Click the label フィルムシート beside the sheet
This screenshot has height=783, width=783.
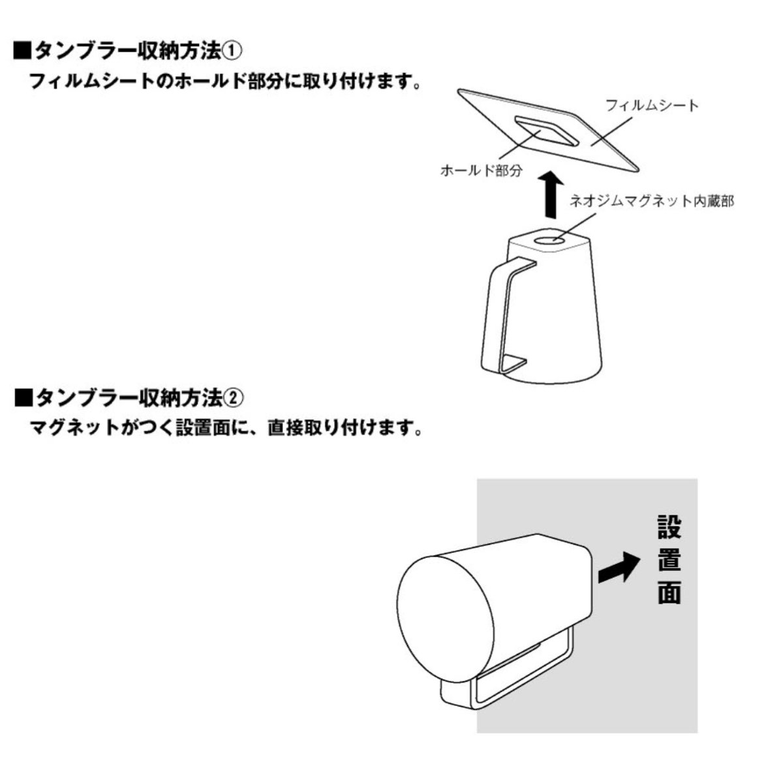652,106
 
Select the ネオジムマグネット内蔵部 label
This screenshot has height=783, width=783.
652,201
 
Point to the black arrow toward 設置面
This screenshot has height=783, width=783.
618,568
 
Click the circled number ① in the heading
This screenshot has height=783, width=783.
232,52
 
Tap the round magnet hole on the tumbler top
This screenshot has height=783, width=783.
549,241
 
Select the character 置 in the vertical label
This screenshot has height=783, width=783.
669,565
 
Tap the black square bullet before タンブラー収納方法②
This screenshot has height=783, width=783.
23,397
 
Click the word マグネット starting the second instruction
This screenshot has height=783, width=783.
75,428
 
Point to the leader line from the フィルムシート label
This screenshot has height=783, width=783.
612,131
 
